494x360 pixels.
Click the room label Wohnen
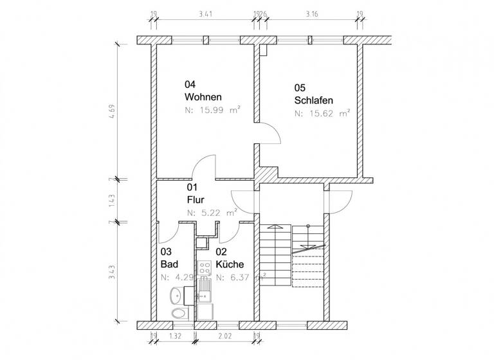coord(203,97)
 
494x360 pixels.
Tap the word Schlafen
coord(315,100)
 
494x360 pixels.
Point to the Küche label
coord(230,264)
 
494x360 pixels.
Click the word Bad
coord(169,264)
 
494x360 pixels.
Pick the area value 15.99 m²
coord(212,111)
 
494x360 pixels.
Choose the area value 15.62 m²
coord(322,113)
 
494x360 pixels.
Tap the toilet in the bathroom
coord(178,314)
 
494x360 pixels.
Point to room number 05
coord(300,87)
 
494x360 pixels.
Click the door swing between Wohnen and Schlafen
coord(269,133)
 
